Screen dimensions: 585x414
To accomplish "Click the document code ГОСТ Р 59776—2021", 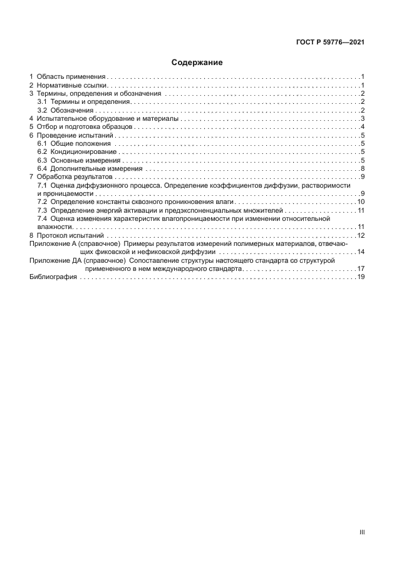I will click(330, 43).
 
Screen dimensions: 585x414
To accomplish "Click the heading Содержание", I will click(197, 63).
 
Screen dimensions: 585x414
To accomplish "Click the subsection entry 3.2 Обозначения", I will click(65, 110).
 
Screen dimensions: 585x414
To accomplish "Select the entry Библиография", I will click(53, 277).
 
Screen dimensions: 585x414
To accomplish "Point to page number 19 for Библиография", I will click(361, 277).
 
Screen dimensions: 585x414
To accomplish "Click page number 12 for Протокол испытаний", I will click(361, 235).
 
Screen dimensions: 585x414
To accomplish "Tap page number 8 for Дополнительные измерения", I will click(363, 169).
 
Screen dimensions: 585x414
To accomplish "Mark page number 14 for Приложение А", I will click(361, 252).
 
